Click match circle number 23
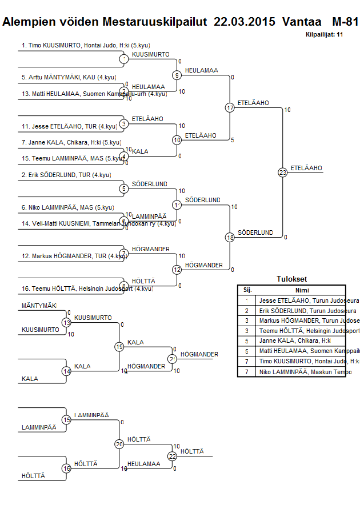[282, 172]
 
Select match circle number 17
[230, 107]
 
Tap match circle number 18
[230, 237]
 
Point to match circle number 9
[177, 75]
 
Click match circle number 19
[119, 347]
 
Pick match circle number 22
[172, 456]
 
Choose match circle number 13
[66, 323]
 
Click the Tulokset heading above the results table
[291, 279]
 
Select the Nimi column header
[302, 290]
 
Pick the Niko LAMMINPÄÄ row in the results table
[305, 372]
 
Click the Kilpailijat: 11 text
[324, 35]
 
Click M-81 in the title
[345, 22]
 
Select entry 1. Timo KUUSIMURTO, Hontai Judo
[86, 45]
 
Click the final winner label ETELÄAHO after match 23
[306, 168]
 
